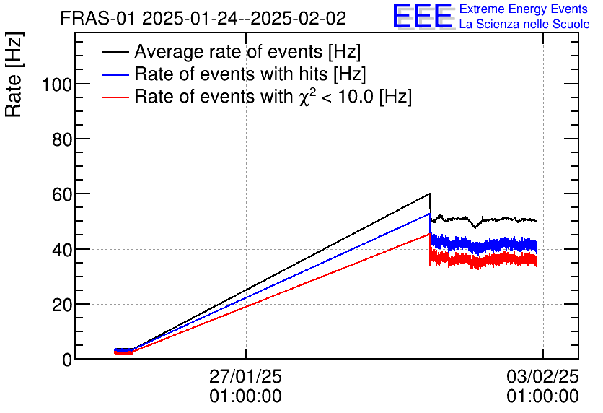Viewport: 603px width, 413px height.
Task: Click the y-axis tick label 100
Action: (56, 84)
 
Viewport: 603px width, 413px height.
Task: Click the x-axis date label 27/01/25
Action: (245, 377)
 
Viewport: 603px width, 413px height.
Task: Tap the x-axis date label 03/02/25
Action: (542, 377)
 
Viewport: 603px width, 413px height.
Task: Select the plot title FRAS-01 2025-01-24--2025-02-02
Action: (203, 18)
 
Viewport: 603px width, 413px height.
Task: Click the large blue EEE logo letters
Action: (423, 16)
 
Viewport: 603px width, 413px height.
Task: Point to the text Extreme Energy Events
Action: (524, 9)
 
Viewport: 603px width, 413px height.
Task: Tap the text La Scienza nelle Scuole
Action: (524, 25)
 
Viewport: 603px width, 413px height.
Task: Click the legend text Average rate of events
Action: (247, 52)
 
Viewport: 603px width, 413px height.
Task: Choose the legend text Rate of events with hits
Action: (250, 74)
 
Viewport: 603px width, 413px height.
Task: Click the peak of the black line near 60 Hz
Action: (430, 194)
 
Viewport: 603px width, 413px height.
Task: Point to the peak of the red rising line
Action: (430, 233)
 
